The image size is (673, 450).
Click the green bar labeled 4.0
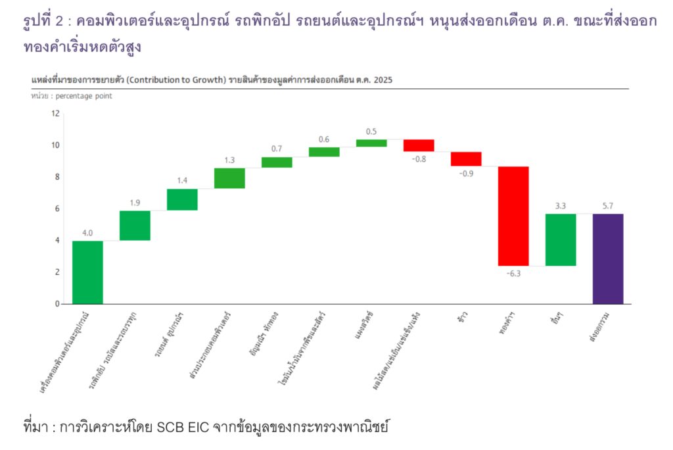[87, 272]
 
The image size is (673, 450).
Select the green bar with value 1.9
[135, 225]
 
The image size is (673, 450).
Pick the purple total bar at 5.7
[607, 259]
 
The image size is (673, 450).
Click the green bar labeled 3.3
[560, 239]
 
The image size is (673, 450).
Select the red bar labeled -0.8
[419, 145]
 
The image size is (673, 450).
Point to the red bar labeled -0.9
[466, 159]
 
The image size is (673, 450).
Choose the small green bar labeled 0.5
[371, 143]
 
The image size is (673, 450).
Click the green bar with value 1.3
[229, 178]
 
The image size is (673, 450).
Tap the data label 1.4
[182, 180]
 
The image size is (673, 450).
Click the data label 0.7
[277, 149]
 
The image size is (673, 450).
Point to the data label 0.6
[324, 139]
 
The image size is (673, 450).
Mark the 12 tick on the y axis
[55, 113]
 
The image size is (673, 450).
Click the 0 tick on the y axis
[57, 304]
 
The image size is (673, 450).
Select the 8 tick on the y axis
[57, 176]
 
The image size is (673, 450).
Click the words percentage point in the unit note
[85, 96]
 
